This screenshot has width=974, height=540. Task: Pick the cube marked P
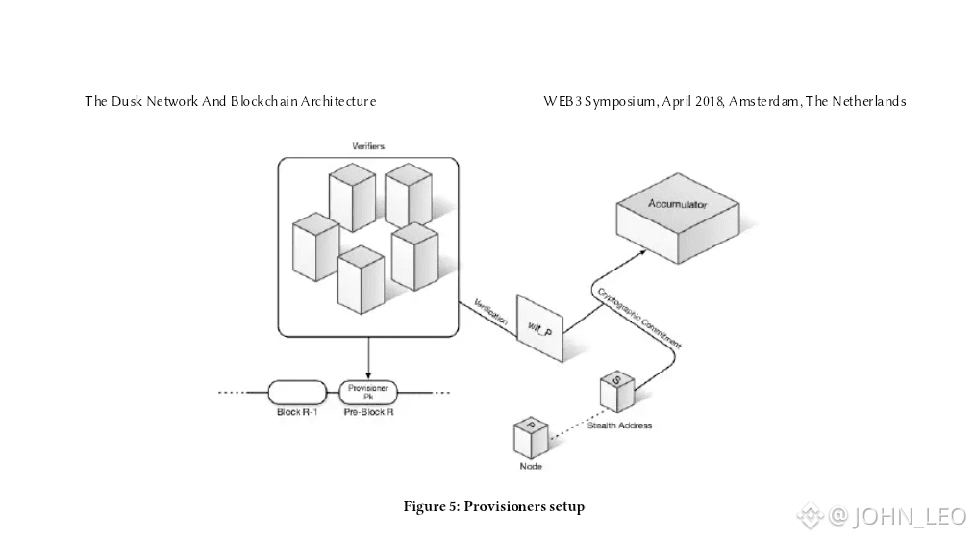click(x=530, y=438)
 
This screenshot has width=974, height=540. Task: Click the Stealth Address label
click(x=619, y=425)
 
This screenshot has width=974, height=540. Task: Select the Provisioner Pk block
click(x=368, y=392)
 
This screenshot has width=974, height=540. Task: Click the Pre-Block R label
click(x=368, y=412)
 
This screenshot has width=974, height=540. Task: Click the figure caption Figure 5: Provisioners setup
click(x=493, y=506)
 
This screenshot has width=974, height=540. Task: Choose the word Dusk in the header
click(x=127, y=101)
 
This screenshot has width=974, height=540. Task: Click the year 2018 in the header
click(x=706, y=101)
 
